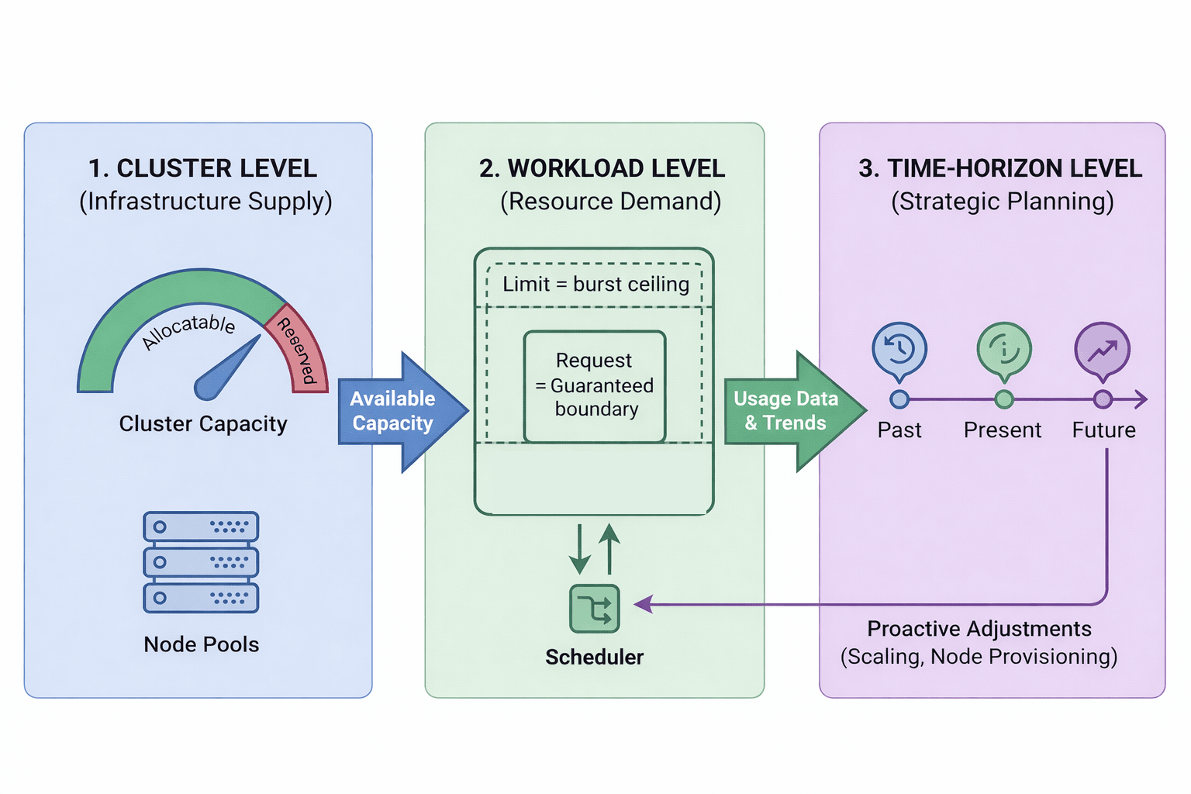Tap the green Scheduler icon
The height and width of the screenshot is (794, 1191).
click(595, 609)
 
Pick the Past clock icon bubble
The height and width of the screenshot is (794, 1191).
click(899, 350)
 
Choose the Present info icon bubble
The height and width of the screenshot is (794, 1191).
click(1004, 350)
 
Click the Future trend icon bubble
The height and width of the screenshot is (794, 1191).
click(1102, 350)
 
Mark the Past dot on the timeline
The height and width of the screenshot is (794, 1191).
click(899, 399)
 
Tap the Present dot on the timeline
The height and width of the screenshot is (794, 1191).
click(1004, 399)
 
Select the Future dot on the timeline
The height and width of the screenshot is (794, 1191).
click(1103, 399)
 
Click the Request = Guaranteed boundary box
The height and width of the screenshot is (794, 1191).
click(595, 386)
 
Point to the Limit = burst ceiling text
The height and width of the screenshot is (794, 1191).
click(595, 285)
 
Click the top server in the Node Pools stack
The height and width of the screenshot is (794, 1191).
click(201, 526)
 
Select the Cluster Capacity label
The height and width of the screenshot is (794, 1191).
click(203, 424)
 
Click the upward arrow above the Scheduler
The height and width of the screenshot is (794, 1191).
click(610, 547)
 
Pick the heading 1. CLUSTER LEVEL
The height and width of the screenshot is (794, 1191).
click(202, 168)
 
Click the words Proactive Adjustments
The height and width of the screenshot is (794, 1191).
click(979, 629)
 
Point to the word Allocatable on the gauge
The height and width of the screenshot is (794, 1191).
click(189, 331)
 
